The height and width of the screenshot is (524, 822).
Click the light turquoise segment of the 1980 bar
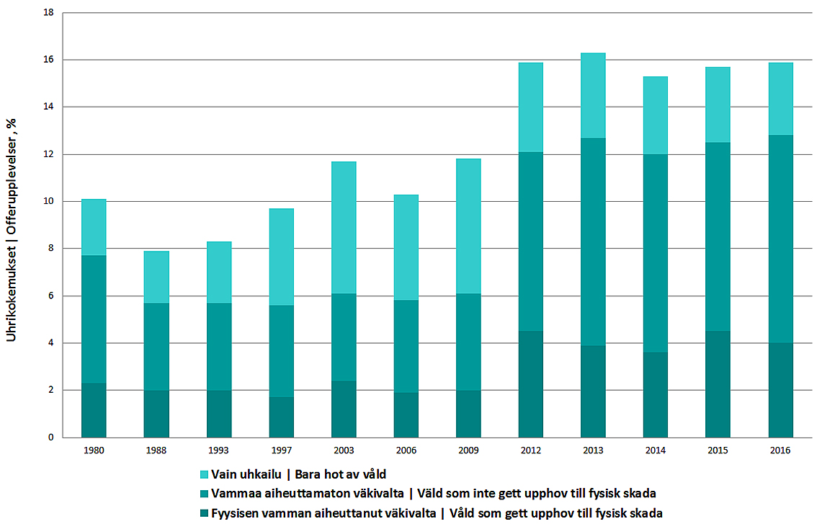click(x=94, y=227)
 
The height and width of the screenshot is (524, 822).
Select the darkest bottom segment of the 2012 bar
click(x=531, y=384)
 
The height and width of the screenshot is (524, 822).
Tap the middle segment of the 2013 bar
click(x=593, y=241)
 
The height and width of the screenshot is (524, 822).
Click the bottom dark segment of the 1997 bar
click(x=281, y=417)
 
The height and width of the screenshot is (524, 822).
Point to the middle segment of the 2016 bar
click(x=779, y=239)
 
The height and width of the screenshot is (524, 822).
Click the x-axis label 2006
click(x=406, y=450)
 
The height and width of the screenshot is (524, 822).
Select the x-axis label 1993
click(x=219, y=450)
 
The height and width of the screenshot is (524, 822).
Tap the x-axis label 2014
click(x=655, y=450)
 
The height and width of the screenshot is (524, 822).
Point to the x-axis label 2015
click(x=718, y=450)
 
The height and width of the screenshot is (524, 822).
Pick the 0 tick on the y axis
click(x=51, y=438)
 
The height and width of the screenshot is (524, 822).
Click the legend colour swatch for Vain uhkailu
click(x=204, y=474)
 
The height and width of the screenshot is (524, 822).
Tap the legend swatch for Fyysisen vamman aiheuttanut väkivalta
click(x=204, y=513)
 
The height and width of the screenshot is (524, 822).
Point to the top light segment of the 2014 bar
click(x=655, y=115)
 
